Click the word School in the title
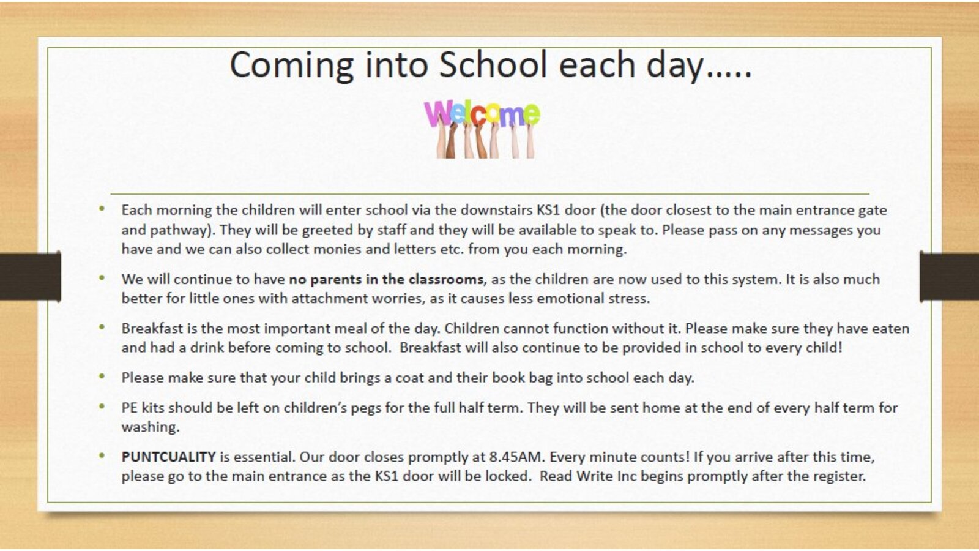coord(493,64)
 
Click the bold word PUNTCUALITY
coord(168,457)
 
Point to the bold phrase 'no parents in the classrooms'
coord(386,279)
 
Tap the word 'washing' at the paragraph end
coord(149,427)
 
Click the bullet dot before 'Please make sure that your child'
coord(102,376)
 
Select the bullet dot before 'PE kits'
coord(102,407)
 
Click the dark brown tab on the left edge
coord(30,276)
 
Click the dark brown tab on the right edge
coord(949,276)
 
